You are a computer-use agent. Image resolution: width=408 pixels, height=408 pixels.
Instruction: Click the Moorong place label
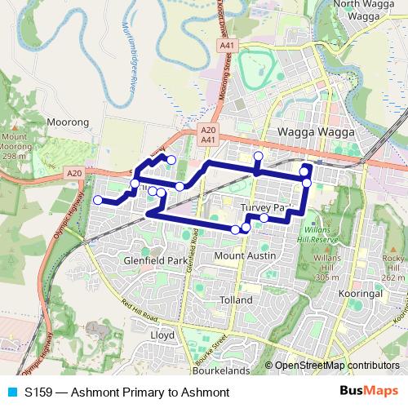click(69, 122)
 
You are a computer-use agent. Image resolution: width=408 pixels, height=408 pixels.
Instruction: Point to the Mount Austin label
click(246, 255)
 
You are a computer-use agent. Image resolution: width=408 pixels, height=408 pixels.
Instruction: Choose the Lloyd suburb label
click(163, 335)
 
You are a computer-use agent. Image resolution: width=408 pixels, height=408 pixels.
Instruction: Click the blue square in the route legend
click(11, 392)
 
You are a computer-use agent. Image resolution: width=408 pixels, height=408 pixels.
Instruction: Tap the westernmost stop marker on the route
click(97, 200)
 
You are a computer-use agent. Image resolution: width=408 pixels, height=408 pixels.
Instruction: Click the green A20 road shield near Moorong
click(74, 172)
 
